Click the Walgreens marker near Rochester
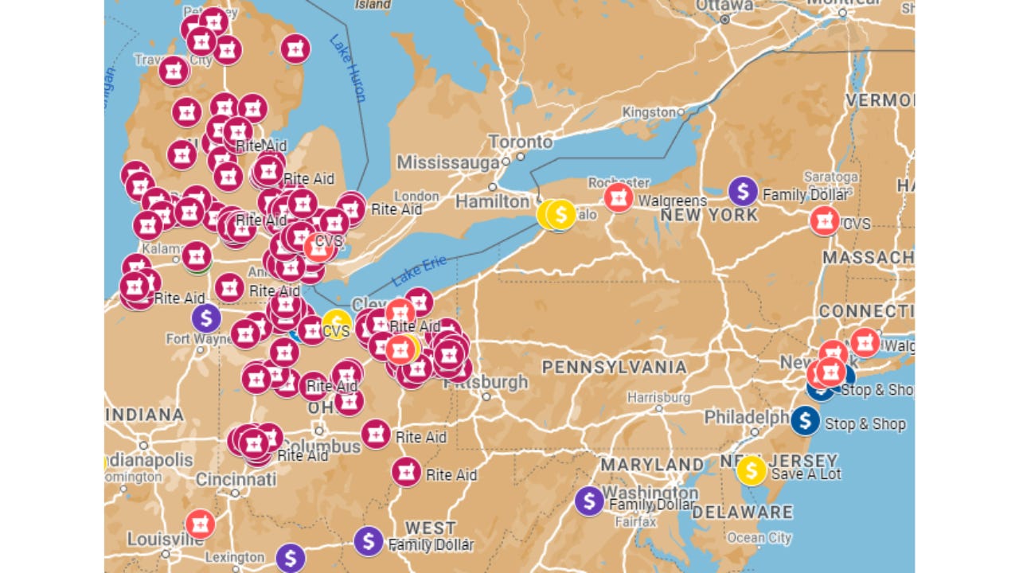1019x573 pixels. [x=619, y=197]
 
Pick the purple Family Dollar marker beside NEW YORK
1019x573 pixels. [x=743, y=191]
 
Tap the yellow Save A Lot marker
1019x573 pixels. [x=752, y=470]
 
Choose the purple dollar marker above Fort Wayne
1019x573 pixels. [x=206, y=318]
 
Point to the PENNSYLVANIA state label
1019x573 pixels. [x=614, y=367]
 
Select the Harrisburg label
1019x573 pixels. [x=658, y=397]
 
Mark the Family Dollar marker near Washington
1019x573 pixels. [x=589, y=501]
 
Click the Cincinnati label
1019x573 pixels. [x=236, y=479]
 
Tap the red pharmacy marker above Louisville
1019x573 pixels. [x=200, y=524]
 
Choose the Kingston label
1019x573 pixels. [x=648, y=112]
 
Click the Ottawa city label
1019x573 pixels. [x=724, y=6]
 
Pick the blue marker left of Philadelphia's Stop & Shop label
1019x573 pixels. [x=805, y=420]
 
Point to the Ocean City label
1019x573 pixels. [x=759, y=537]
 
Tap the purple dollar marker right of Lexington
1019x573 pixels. [x=290, y=557]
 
